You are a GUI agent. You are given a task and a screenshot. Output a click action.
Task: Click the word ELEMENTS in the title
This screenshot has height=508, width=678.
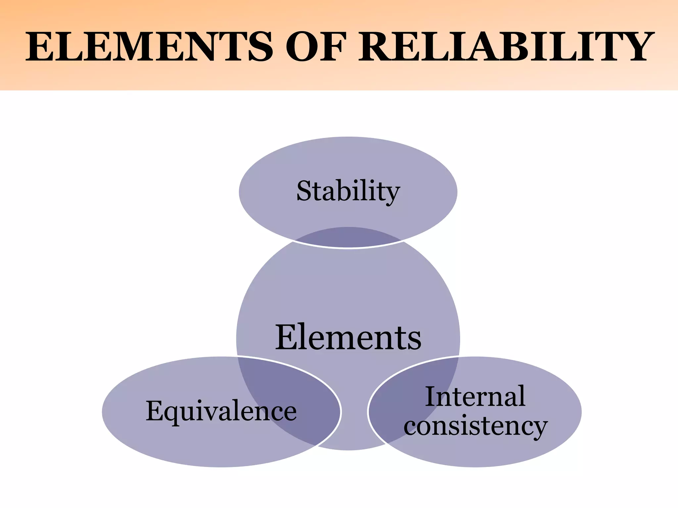point(149,47)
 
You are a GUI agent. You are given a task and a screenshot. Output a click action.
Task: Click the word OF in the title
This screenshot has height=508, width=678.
point(316,47)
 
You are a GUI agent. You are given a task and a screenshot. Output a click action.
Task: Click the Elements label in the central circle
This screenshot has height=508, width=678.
point(348,338)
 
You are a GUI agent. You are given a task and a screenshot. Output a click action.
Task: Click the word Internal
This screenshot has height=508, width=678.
point(475,397)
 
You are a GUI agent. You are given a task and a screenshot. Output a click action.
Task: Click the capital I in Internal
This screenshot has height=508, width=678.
point(431,397)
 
